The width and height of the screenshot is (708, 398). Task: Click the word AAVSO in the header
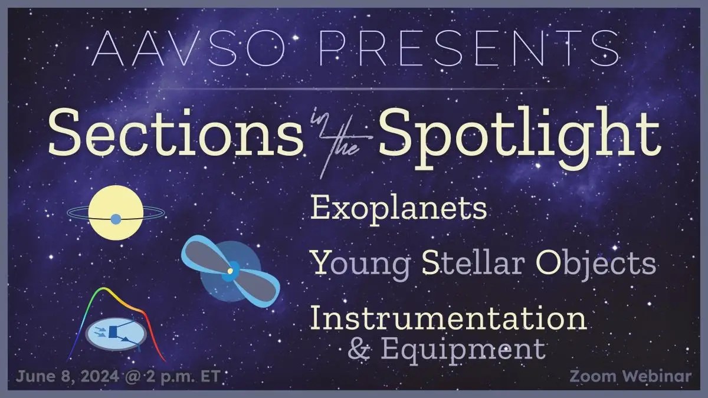click(189, 48)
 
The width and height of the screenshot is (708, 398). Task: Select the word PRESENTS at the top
click(469, 48)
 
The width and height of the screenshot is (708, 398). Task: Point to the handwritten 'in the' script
click(340, 142)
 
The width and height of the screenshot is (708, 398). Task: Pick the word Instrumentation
click(449, 318)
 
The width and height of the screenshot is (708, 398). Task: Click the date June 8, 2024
click(68, 377)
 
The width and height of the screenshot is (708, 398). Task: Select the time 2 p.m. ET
click(183, 377)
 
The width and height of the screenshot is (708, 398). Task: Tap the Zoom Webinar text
click(631, 377)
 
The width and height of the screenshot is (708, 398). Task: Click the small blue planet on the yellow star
click(116, 219)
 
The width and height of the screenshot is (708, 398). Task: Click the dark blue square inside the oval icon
click(113, 331)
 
